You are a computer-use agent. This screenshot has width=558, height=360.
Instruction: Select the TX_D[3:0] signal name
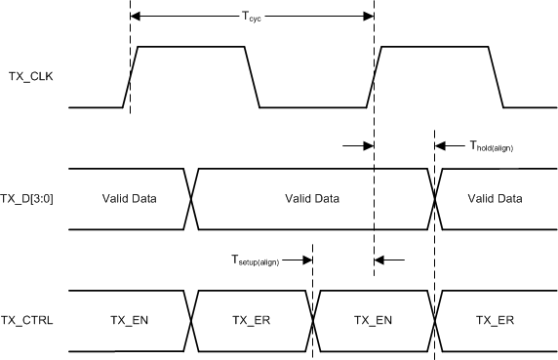(32, 198)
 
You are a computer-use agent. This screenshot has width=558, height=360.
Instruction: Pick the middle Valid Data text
(312, 198)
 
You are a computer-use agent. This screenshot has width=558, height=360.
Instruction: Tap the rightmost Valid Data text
(495, 198)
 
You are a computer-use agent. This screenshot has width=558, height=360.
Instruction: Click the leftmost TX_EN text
(129, 320)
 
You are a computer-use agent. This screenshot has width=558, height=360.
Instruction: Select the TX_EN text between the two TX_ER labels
(374, 320)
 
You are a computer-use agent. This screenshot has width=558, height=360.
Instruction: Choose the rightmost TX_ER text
(495, 320)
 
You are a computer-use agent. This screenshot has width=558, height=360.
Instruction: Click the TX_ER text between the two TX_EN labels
(252, 320)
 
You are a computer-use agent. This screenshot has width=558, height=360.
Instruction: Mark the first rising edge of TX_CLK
(131, 76)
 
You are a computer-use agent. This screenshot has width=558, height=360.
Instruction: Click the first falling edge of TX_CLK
(252, 76)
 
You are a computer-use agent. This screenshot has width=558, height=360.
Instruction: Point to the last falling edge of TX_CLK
(495, 76)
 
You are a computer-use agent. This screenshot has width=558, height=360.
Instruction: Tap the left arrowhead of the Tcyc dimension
(136, 16)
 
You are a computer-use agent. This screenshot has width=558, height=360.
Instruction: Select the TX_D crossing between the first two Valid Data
(191, 198)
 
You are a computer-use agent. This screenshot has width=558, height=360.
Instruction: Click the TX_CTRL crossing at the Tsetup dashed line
(312, 320)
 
